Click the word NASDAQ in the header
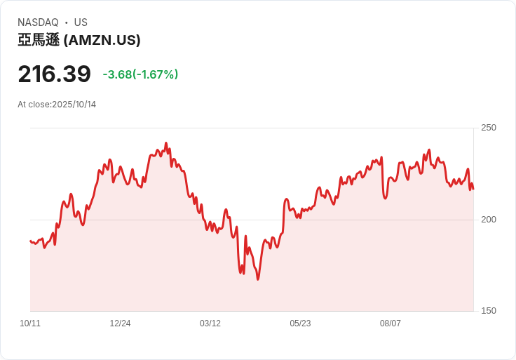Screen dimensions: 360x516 click(x=38, y=22)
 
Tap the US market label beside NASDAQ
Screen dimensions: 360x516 click(x=81, y=22)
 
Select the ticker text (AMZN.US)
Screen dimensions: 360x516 click(x=102, y=41)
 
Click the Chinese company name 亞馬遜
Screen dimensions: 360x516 click(x=39, y=41)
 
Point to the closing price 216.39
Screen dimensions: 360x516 click(x=54, y=74)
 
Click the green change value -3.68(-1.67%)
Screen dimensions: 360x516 click(x=140, y=74)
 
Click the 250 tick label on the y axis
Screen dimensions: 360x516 click(x=488, y=128)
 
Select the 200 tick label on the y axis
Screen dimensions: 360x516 click(x=488, y=220)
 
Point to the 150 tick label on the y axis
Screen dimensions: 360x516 click(x=488, y=311)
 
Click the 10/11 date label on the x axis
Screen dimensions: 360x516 click(x=30, y=324)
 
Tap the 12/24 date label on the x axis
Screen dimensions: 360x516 click(x=120, y=324)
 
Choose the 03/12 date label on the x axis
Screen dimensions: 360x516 click(x=210, y=324)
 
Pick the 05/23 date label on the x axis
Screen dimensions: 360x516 click(x=300, y=324)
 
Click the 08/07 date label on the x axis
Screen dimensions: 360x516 click(x=391, y=324)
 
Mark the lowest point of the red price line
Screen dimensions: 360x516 click(x=258, y=279)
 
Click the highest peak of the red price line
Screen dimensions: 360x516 click(x=166, y=143)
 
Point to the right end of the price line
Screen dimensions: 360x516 click(x=473, y=189)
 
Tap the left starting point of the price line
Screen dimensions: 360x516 click(x=30, y=241)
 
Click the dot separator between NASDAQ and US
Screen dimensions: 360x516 click(x=66, y=22)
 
